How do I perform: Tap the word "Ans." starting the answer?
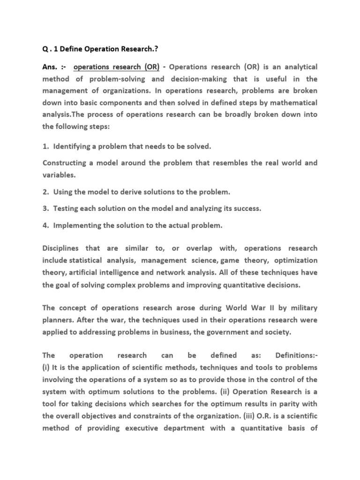51,67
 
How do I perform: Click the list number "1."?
46,147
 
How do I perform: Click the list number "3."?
46,209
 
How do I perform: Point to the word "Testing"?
66,209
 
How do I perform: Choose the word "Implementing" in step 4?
77,225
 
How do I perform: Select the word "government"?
233,332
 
